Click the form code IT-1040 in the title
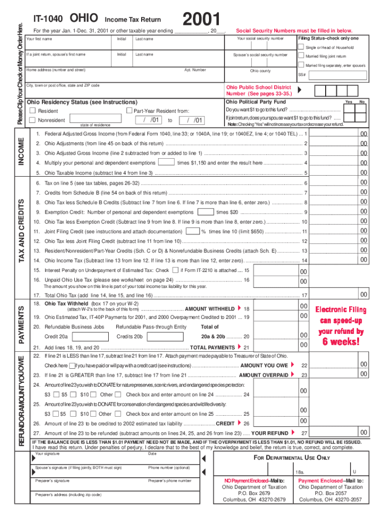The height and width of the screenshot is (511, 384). click(x=48, y=19)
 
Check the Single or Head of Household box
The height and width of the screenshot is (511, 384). click(x=301, y=47)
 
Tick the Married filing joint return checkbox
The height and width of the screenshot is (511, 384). click(x=301, y=56)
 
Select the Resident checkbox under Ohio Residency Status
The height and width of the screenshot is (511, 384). click(x=33, y=111)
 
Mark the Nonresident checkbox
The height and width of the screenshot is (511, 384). click(x=33, y=120)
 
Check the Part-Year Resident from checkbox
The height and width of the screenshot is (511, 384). click(x=129, y=111)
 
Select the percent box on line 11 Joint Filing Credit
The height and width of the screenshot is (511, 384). click(x=192, y=232)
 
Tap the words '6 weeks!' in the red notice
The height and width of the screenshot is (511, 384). click(x=341, y=342)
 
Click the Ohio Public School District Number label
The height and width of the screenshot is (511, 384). click(x=258, y=90)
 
